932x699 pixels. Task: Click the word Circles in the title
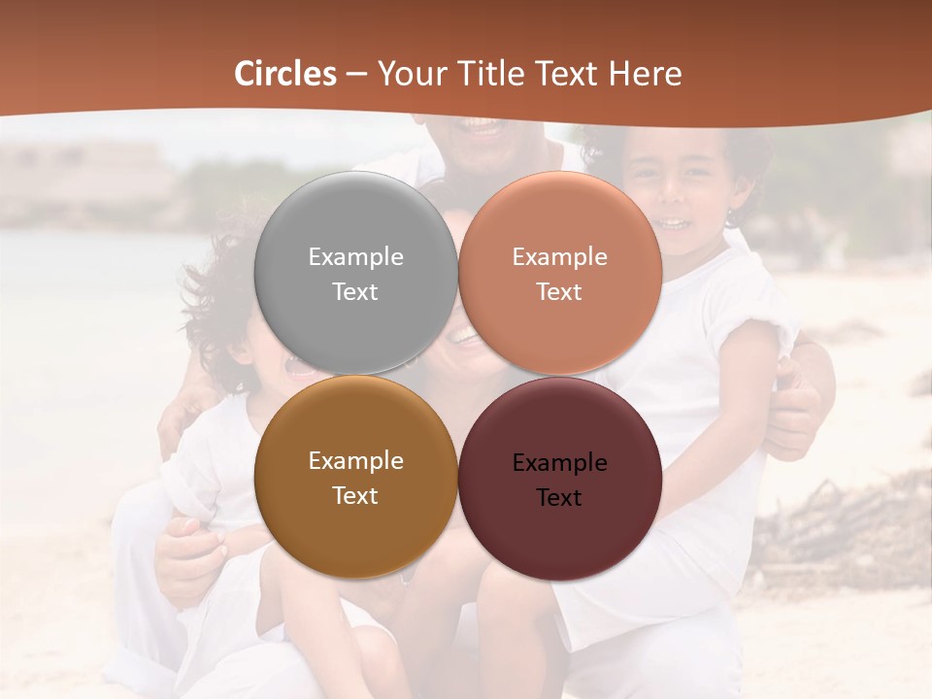click(x=285, y=74)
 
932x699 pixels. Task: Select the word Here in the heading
click(x=646, y=74)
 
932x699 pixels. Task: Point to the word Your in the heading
click(x=407, y=74)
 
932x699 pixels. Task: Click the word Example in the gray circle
click(x=355, y=257)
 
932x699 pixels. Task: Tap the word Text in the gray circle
click(x=355, y=292)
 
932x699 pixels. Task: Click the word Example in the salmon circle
click(x=560, y=257)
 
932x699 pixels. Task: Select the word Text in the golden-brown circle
click(x=355, y=496)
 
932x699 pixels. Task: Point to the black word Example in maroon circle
click(x=560, y=463)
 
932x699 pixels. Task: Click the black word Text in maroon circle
click(x=560, y=498)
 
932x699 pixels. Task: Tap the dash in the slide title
click(x=356, y=74)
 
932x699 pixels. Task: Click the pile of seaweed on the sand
click(x=845, y=524)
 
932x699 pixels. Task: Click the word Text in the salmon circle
click(x=560, y=292)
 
